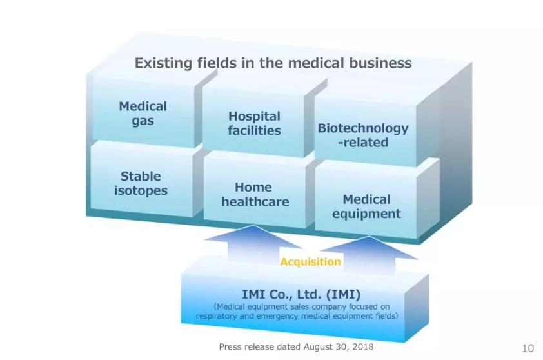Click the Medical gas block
143,113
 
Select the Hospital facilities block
254,123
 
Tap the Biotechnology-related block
366,135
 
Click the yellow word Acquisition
310,261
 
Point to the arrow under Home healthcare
253,245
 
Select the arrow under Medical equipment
369,255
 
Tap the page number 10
528,348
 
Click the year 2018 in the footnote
363,346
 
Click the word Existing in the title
163,63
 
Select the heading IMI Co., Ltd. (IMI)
301,294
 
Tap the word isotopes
141,190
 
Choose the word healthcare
255,202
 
